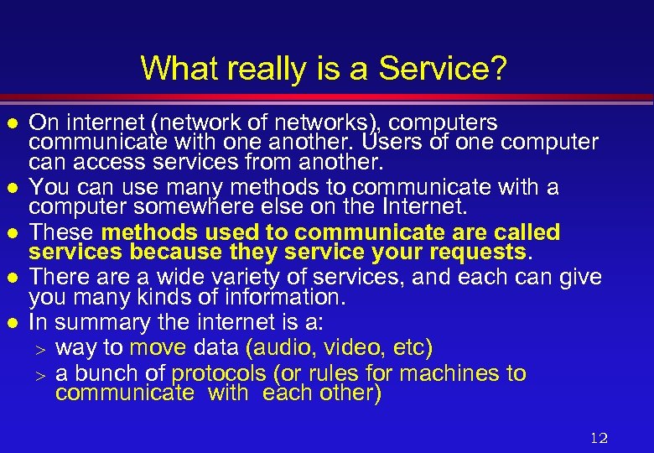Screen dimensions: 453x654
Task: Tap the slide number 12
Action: pos(599,437)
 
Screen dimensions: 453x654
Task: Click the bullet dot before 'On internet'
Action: pos(13,123)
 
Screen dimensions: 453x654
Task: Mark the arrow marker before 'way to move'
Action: pos(39,348)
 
